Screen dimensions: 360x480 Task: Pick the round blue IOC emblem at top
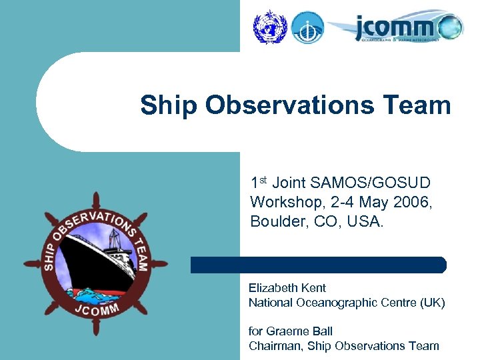point(307,27)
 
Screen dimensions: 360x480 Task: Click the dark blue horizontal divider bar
point(318,265)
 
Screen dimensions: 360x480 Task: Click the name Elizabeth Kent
point(287,288)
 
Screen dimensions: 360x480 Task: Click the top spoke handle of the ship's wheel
point(96,199)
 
